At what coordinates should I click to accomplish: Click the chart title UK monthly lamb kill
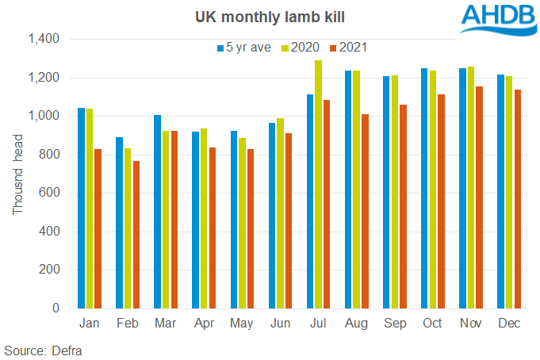tap(270, 16)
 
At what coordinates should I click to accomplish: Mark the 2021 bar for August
tap(366, 211)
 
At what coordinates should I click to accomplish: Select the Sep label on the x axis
tap(394, 324)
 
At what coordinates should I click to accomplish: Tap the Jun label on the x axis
tap(280, 324)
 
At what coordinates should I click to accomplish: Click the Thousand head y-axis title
tap(17, 173)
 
